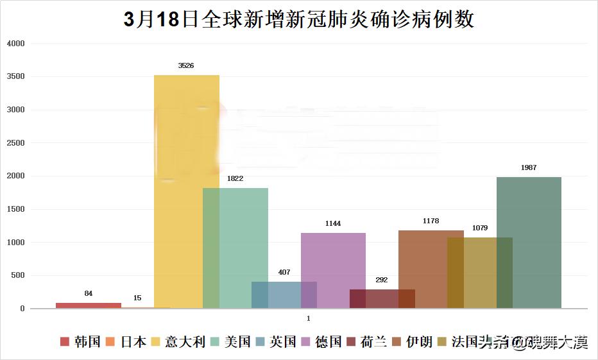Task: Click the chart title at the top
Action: [x=299, y=19]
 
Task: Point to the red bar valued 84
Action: [x=88, y=305]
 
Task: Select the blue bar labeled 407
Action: [x=284, y=295]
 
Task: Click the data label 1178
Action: [x=431, y=221]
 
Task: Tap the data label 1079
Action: [x=479, y=228]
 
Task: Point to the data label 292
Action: [x=382, y=280]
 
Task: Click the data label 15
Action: [x=137, y=298]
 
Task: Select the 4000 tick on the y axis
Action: [x=15, y=44]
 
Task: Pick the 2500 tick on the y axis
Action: [x=15, y=143]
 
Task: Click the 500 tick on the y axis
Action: [x=17, y=275]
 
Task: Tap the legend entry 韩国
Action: [x=81, y=341]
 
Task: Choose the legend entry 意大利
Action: [x=178, y=341]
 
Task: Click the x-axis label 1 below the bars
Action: [x=309, y=318]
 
